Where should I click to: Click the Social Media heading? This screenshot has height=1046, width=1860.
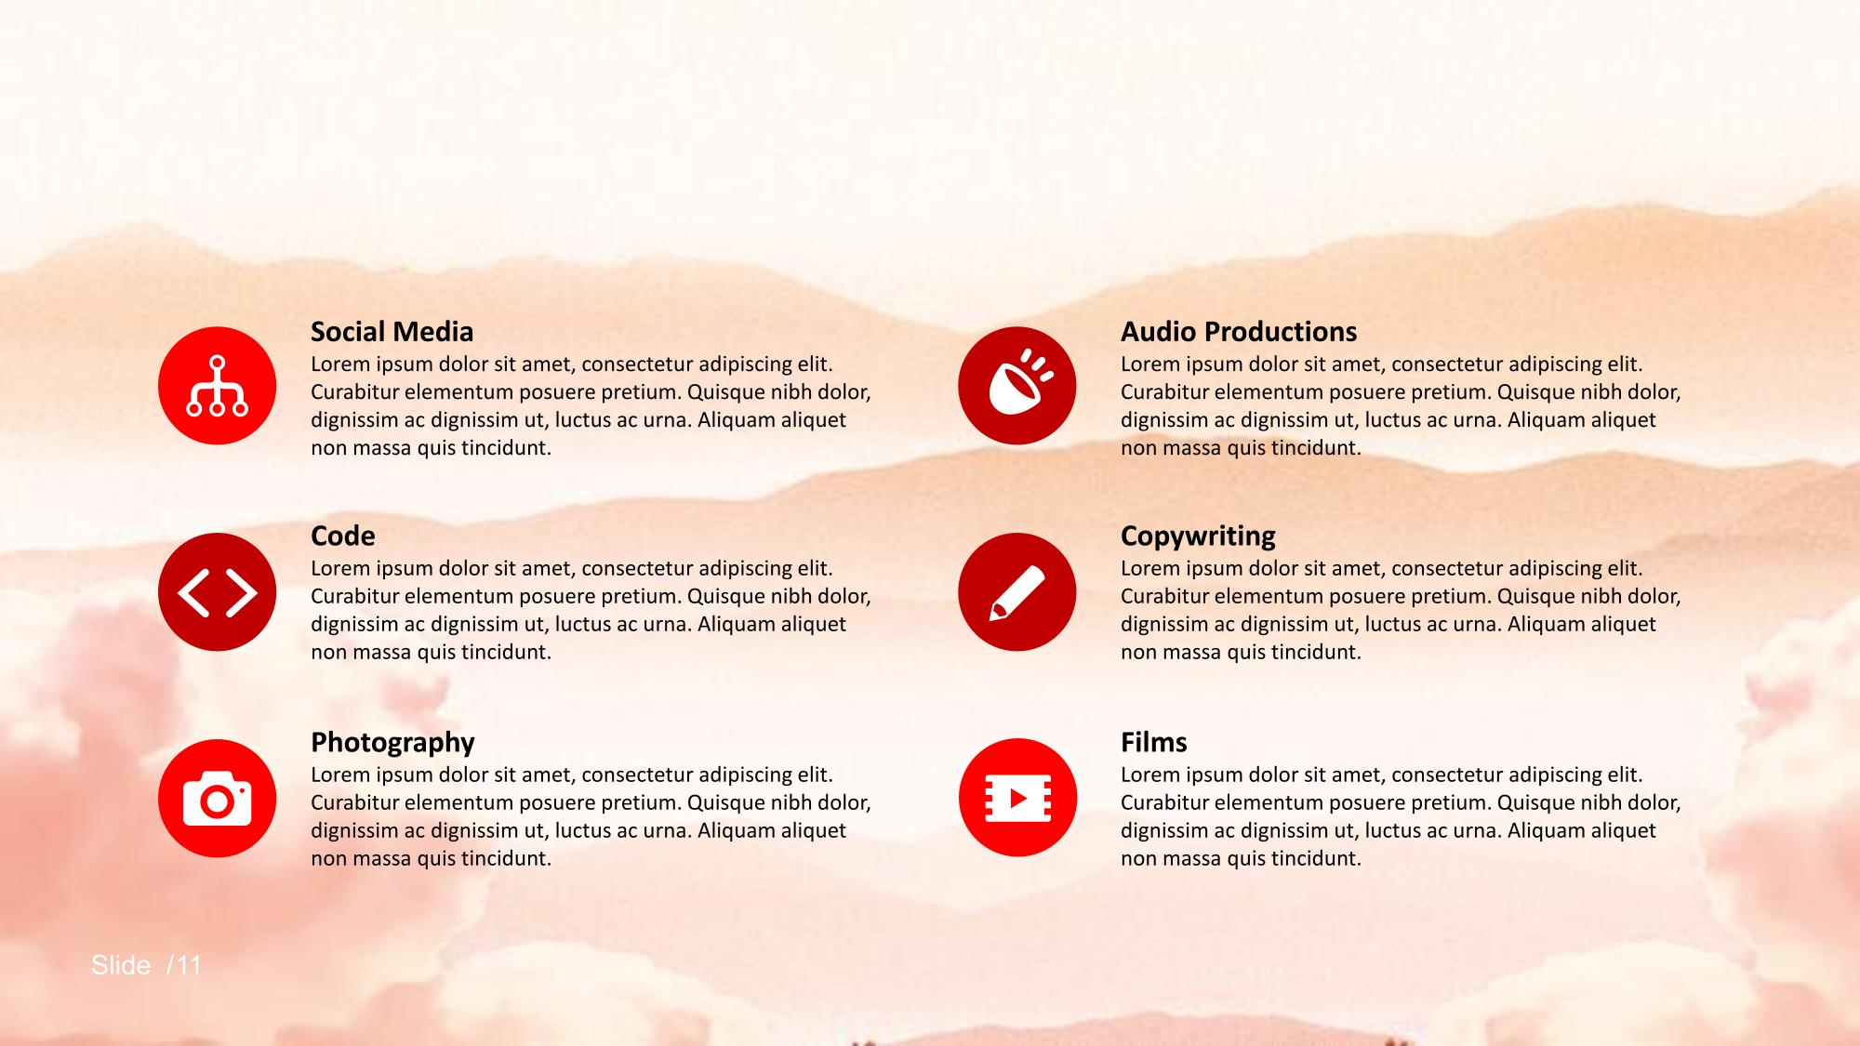tap(392, 332)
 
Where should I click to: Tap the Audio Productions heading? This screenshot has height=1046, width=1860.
tap(1238, 332)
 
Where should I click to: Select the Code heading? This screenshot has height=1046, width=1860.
tap(342, 536)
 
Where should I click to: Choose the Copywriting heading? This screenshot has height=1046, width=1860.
tap(1198, 537)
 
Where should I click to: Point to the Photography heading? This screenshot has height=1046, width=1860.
tap(392, 744)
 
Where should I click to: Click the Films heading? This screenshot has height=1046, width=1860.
tap(1153, 742)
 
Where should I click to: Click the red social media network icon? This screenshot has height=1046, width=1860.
tap(217, 386)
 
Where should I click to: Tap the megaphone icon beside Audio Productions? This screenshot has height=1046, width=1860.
tap(1016, 386)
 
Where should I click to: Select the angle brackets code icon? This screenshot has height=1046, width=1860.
tap(217, 592)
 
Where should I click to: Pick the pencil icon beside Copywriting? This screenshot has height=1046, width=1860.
tap(1016, 592)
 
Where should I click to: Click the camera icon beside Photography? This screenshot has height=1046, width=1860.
tap(217, 799)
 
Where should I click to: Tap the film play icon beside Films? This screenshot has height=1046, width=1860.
tap(1017, 798)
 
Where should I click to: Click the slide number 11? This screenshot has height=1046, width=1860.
tap(189, 965)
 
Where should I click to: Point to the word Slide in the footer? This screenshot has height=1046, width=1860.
tap(121, 965)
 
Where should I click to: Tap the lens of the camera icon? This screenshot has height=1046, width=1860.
tap(217, 801)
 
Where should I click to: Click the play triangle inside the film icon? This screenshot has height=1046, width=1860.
tap(1018, 798)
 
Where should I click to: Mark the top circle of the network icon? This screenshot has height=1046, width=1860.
tap(217, 364)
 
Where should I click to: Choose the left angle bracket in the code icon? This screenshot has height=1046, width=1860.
tap(193, 593)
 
